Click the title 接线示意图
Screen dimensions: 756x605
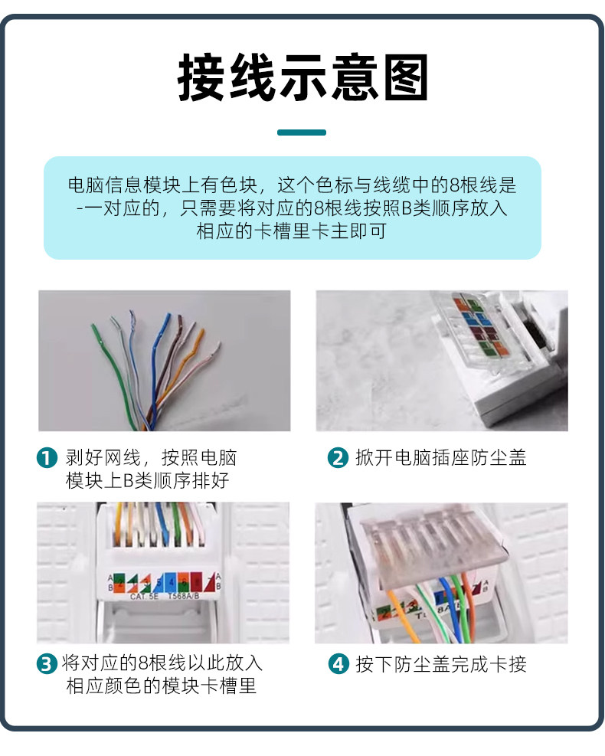pyautogui.click(x=302, y=77)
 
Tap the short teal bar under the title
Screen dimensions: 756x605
pyautogui.click(x=301, y=133)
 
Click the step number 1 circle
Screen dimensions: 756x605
pyautogui.click(x=47, y=459)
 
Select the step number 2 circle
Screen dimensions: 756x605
pyautogui.click(x=338, y=459)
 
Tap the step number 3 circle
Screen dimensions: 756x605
pyautogui.click(x=47, y=664)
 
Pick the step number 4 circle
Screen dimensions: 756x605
pyautogui.click(x=338, y=664)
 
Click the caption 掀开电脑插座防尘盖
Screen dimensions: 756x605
pyautogui.click(x=440, y=459)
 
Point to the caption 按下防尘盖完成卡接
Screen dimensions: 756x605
pyautogui.click(x=440, y=664)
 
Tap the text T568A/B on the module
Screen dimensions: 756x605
pyautogui.click(x=188, y=595)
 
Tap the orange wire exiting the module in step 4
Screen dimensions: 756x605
pyautogui.click(x=401, y=613)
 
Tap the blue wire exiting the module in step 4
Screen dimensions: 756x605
pyautogui.click(x=444, y=613)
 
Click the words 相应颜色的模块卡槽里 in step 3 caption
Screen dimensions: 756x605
pyautogui.click(x=161, y=686)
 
